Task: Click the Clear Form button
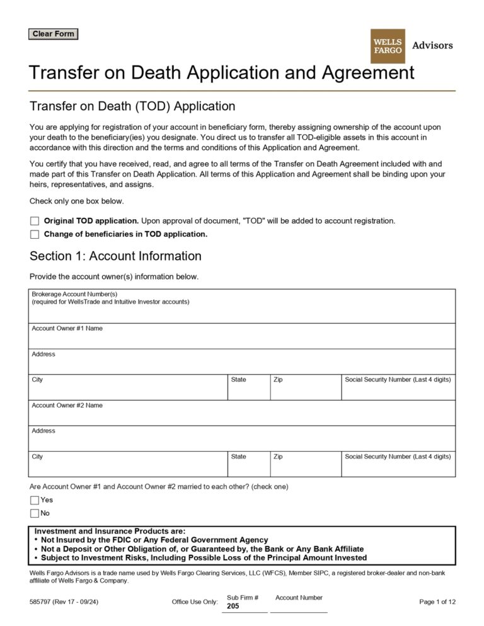click(x=53, y=34)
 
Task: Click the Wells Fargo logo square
click(x=388, y=46)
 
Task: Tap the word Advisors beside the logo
click(x=432, y=45)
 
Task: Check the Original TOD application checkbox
click(x=35, y=221)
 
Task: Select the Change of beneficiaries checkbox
click(x=35, y=234)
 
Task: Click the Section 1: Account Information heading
click(x=115, y=256)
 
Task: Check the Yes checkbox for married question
click(x=35, y=500)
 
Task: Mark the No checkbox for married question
click(x=35, y=513)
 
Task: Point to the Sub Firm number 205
click(x=233, y=606)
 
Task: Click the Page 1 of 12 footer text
click(x=437, y=602)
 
